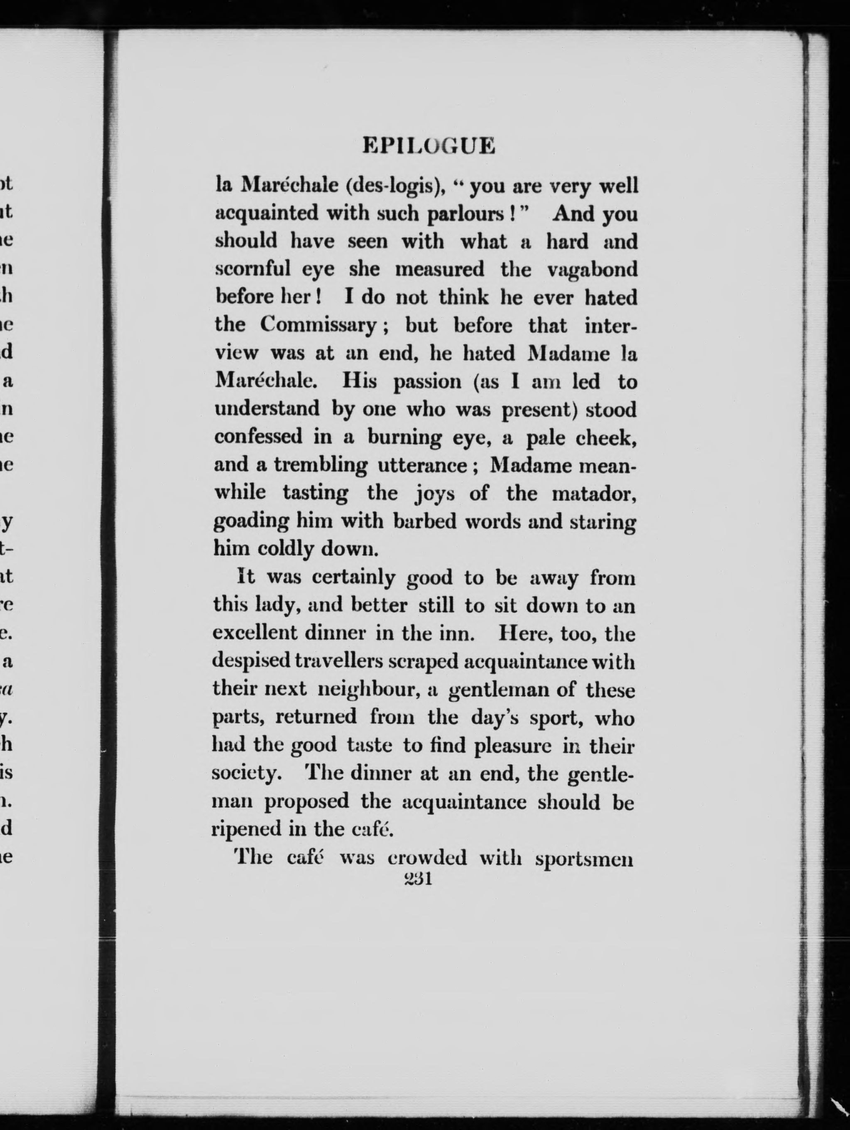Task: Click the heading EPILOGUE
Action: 429,146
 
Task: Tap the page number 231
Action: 418,878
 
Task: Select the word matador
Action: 594,494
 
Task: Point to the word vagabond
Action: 592,269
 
